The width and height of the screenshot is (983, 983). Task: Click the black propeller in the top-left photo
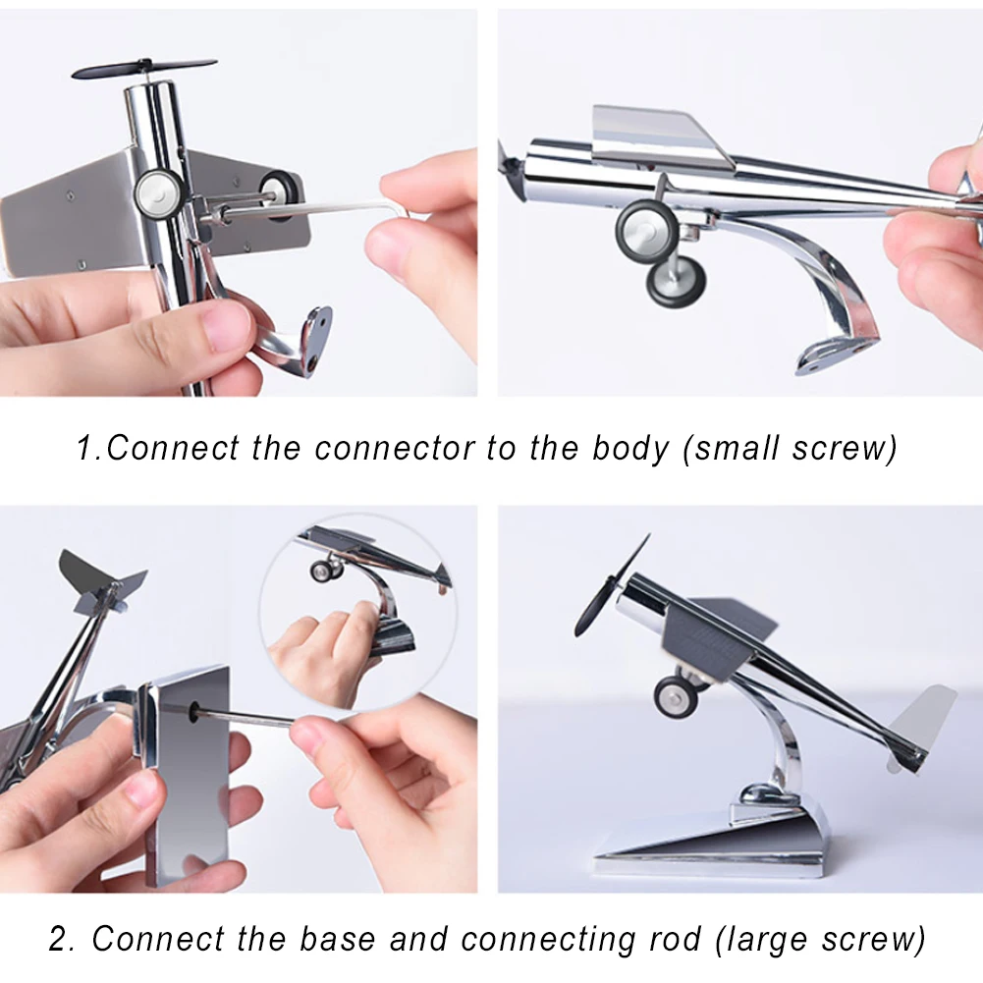click(143, 69)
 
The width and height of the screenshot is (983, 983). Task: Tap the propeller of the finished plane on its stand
click(611, 585)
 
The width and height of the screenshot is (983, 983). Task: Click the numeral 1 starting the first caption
click(86, 449)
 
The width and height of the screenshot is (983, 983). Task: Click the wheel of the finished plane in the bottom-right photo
click(678, 695)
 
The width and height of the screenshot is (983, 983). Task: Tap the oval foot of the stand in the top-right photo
click(834, 355)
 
